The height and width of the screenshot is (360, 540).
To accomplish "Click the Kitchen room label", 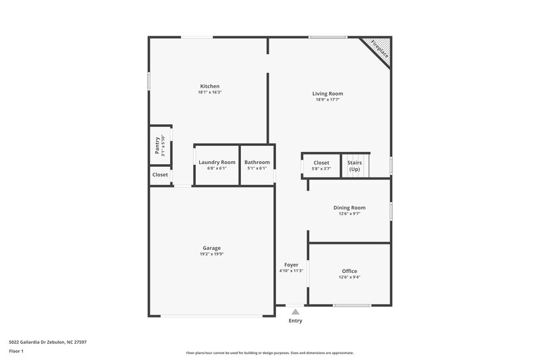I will [x=209, y=86].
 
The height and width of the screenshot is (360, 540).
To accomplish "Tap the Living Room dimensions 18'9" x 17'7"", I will [x=327, y=99].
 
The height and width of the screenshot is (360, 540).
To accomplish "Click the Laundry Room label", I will [x=217, y=162].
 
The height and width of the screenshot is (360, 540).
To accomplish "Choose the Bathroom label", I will [x=257, y=162].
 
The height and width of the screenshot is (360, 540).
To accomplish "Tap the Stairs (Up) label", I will [x=354, y=165].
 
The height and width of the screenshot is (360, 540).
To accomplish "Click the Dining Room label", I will [x=349, y=207].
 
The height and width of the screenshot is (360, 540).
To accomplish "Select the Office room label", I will [x=349, y=271].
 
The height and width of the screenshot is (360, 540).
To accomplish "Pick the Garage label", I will [x=211, y=248].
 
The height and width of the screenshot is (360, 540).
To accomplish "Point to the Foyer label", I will [x=291, y=265].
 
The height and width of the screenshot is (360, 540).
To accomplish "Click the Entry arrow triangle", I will [x=296, y=311].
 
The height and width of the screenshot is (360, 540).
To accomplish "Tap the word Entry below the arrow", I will [x=296, y=321].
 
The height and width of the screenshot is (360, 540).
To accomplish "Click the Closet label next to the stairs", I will [x=321, y=163].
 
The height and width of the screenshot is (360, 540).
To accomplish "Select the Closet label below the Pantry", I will [x=160, y=174].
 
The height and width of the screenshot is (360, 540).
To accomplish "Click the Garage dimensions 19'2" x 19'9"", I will [x=211, y=255].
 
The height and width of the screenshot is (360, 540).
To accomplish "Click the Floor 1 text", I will [x=17, y=352].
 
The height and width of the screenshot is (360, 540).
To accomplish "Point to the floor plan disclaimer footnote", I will [x=269, y=353].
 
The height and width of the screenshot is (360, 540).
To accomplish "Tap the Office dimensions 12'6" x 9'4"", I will [x=349, y=278].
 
